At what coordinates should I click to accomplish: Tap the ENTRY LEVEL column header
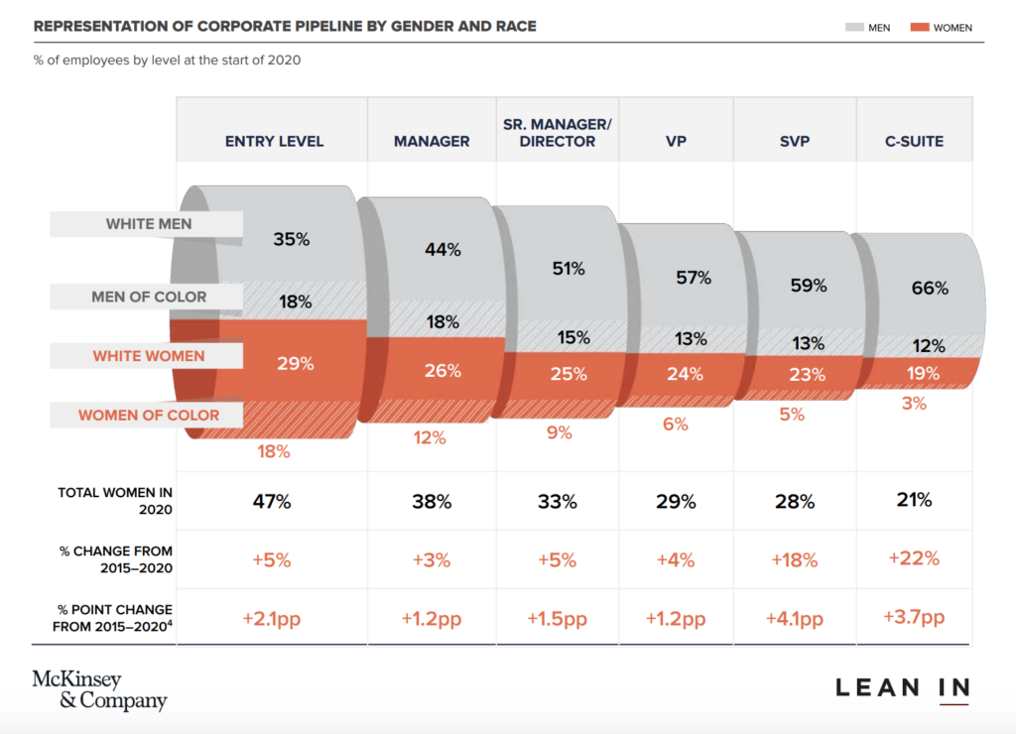[274, 141]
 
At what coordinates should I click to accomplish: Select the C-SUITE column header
[914, 141]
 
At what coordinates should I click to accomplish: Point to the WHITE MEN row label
[149, 224]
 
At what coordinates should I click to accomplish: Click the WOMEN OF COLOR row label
[149, 415]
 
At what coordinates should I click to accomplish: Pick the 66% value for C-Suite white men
[930, 289]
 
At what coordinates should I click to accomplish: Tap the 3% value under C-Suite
[914, 403]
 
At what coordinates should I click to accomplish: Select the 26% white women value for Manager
[443, 371]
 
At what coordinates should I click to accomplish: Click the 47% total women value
[271, 501]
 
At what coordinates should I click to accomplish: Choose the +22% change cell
[913, 557]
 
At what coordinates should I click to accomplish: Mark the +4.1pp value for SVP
[794, 619]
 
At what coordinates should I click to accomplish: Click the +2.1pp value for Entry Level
[271, 619]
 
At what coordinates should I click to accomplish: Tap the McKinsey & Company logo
[99, 690]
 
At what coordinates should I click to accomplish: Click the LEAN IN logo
[902, 687]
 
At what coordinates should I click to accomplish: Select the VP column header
[676, 141]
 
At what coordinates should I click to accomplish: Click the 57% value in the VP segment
[694, 278]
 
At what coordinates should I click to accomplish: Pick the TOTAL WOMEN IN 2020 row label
[115, 501]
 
